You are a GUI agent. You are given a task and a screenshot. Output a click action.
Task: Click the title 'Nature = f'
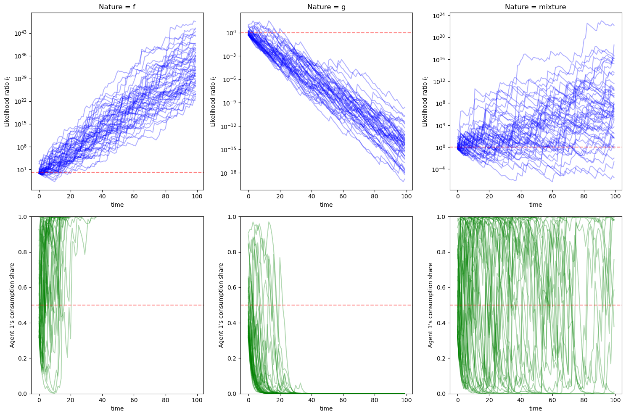(117, 7)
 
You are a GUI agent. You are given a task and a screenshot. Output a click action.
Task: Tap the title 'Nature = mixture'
(535, 7)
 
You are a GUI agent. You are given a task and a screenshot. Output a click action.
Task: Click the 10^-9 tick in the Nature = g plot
(230, 103)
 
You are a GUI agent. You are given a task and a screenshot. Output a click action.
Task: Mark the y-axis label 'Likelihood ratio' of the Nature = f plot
(7, 101)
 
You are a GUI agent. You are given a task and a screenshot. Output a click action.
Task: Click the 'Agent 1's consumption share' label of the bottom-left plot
(13, 305)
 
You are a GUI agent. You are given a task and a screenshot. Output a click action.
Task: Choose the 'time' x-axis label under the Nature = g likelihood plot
(326, 205)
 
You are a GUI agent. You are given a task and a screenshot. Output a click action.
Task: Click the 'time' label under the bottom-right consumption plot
(535, 408)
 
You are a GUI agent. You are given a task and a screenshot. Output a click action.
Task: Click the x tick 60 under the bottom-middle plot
(343, 400)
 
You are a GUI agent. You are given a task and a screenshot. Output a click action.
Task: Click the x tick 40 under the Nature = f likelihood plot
(102, 196)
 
